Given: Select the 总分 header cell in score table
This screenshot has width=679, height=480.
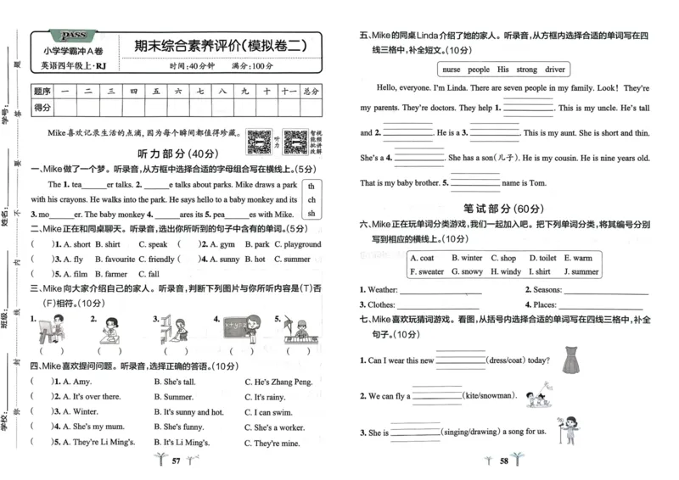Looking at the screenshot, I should pos(311,90).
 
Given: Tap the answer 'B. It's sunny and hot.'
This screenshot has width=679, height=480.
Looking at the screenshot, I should pos(188,412).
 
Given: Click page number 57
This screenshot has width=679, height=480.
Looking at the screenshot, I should pos(177,461).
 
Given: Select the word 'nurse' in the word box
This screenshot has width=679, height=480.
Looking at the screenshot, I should pos(453,69).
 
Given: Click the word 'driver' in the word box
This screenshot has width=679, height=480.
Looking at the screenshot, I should pos(555,69).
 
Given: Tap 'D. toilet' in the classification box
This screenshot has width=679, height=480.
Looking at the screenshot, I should pos(543,258).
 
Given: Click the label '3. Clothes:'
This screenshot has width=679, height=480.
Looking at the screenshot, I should pos(377,304).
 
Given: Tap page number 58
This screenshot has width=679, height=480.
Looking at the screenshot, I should pos(503,461).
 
